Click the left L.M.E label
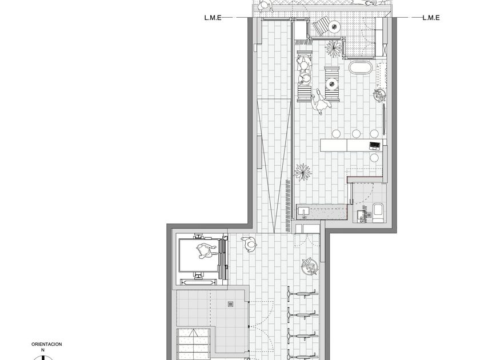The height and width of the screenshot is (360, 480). coord(213,18)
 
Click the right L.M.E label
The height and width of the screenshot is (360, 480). coord(431,18)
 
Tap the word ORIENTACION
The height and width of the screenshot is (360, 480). coord(46,344)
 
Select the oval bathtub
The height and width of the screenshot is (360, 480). coord(361,67)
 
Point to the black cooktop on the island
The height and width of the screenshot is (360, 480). coord(374,145)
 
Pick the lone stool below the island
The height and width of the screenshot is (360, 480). coord(374,158)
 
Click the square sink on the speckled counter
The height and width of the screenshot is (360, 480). coord(304,211)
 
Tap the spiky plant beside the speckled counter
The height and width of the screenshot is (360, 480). coord(303,172)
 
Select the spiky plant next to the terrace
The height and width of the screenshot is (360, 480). coord(333,49)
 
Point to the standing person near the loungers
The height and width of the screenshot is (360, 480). coord(320,102)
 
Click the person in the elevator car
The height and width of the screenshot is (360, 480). coord(205,251)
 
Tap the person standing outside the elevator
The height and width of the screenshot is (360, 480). coord(249,244)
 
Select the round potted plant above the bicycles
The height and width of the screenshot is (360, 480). coord(310,267)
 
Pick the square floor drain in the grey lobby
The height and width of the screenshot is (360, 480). coord(230,303)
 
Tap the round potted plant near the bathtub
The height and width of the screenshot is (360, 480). coord(379,95)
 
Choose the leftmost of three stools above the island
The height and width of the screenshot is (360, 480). coord(337,134)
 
